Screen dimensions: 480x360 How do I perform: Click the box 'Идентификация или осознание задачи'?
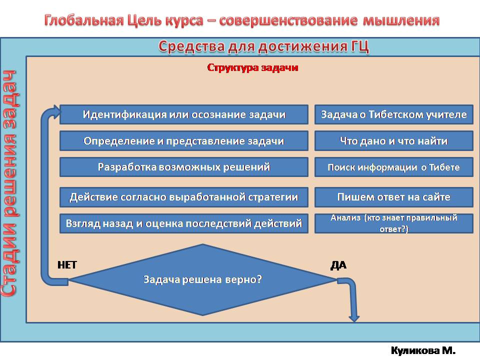(184, 114)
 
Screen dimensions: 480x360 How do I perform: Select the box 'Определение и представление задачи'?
(184, 141)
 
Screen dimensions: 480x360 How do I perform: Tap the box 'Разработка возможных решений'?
(184, 167)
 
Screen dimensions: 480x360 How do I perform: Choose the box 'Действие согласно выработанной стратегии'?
(184, 197)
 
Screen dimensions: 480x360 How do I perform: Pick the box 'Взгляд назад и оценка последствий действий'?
(184, 223)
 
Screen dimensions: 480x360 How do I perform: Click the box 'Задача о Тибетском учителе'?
(393, 114)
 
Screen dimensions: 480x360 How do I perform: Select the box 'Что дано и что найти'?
(393, 141)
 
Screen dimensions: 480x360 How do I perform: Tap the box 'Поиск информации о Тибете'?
(393, 167)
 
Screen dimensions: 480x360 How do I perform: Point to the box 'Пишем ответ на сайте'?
(393, 197)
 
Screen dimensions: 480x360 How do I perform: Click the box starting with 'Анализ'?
(393, 223)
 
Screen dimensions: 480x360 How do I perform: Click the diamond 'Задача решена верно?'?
(202, 279)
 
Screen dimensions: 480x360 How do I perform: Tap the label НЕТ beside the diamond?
(67, 265)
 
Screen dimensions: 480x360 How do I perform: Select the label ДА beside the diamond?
(338, 265)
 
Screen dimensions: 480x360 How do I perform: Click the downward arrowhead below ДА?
(354, 316)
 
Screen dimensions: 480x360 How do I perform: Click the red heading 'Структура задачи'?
(252, 67)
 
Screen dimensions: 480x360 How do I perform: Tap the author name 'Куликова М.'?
(423, 351)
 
